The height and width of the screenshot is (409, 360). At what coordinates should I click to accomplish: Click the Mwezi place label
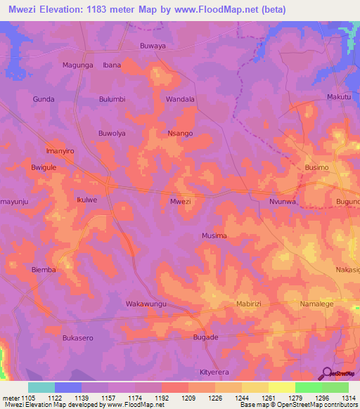click(181, 201)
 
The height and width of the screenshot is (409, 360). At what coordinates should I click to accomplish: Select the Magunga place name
click(78, 65)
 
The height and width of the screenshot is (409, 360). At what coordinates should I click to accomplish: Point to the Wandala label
click(179, 99)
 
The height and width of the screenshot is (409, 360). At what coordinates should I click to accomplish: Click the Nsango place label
click(180, 133)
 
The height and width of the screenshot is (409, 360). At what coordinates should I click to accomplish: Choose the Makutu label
click(339, 96)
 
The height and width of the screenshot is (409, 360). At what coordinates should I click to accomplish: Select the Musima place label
click(214, 235)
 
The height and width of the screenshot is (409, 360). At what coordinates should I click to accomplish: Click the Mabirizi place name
click(248, 304)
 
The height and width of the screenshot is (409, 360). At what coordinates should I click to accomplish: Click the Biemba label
click(44, 269)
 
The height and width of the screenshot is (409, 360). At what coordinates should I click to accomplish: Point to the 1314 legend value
click(348, 398)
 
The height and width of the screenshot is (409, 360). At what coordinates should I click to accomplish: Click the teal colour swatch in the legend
click(41, 387)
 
